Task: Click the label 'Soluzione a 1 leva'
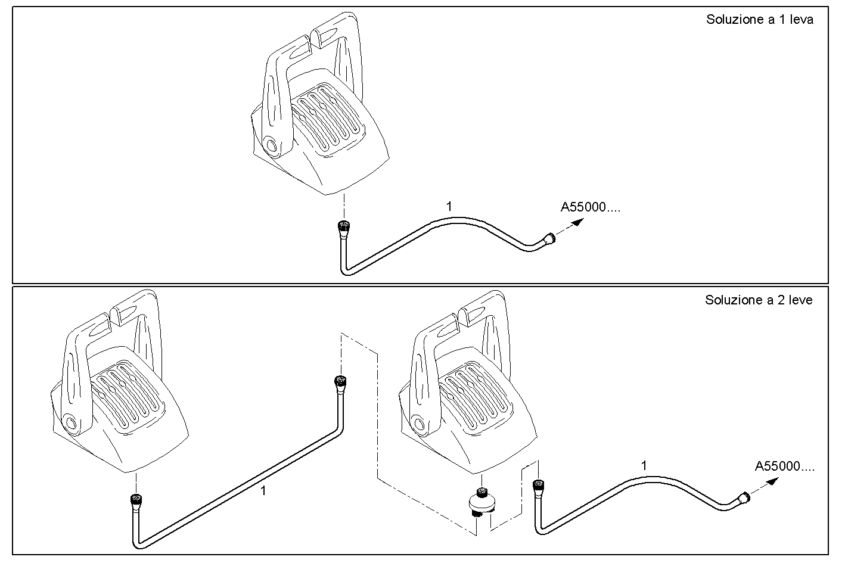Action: click(759, 19)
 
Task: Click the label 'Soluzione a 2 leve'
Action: click(758, 300)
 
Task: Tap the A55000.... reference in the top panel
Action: click(590, 207)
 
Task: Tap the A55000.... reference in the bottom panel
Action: click(784, 466)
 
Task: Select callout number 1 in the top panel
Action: click(449, 207)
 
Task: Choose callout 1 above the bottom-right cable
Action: click(644, 465)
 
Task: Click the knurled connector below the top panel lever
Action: click(343, 227)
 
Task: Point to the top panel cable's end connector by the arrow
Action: click(548, 239)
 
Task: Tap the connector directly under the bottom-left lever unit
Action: click(136, 499)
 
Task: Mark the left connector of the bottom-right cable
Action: click(538, 486)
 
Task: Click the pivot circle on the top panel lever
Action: click(271, 146)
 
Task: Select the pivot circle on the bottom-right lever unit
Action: click(419, 424)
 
